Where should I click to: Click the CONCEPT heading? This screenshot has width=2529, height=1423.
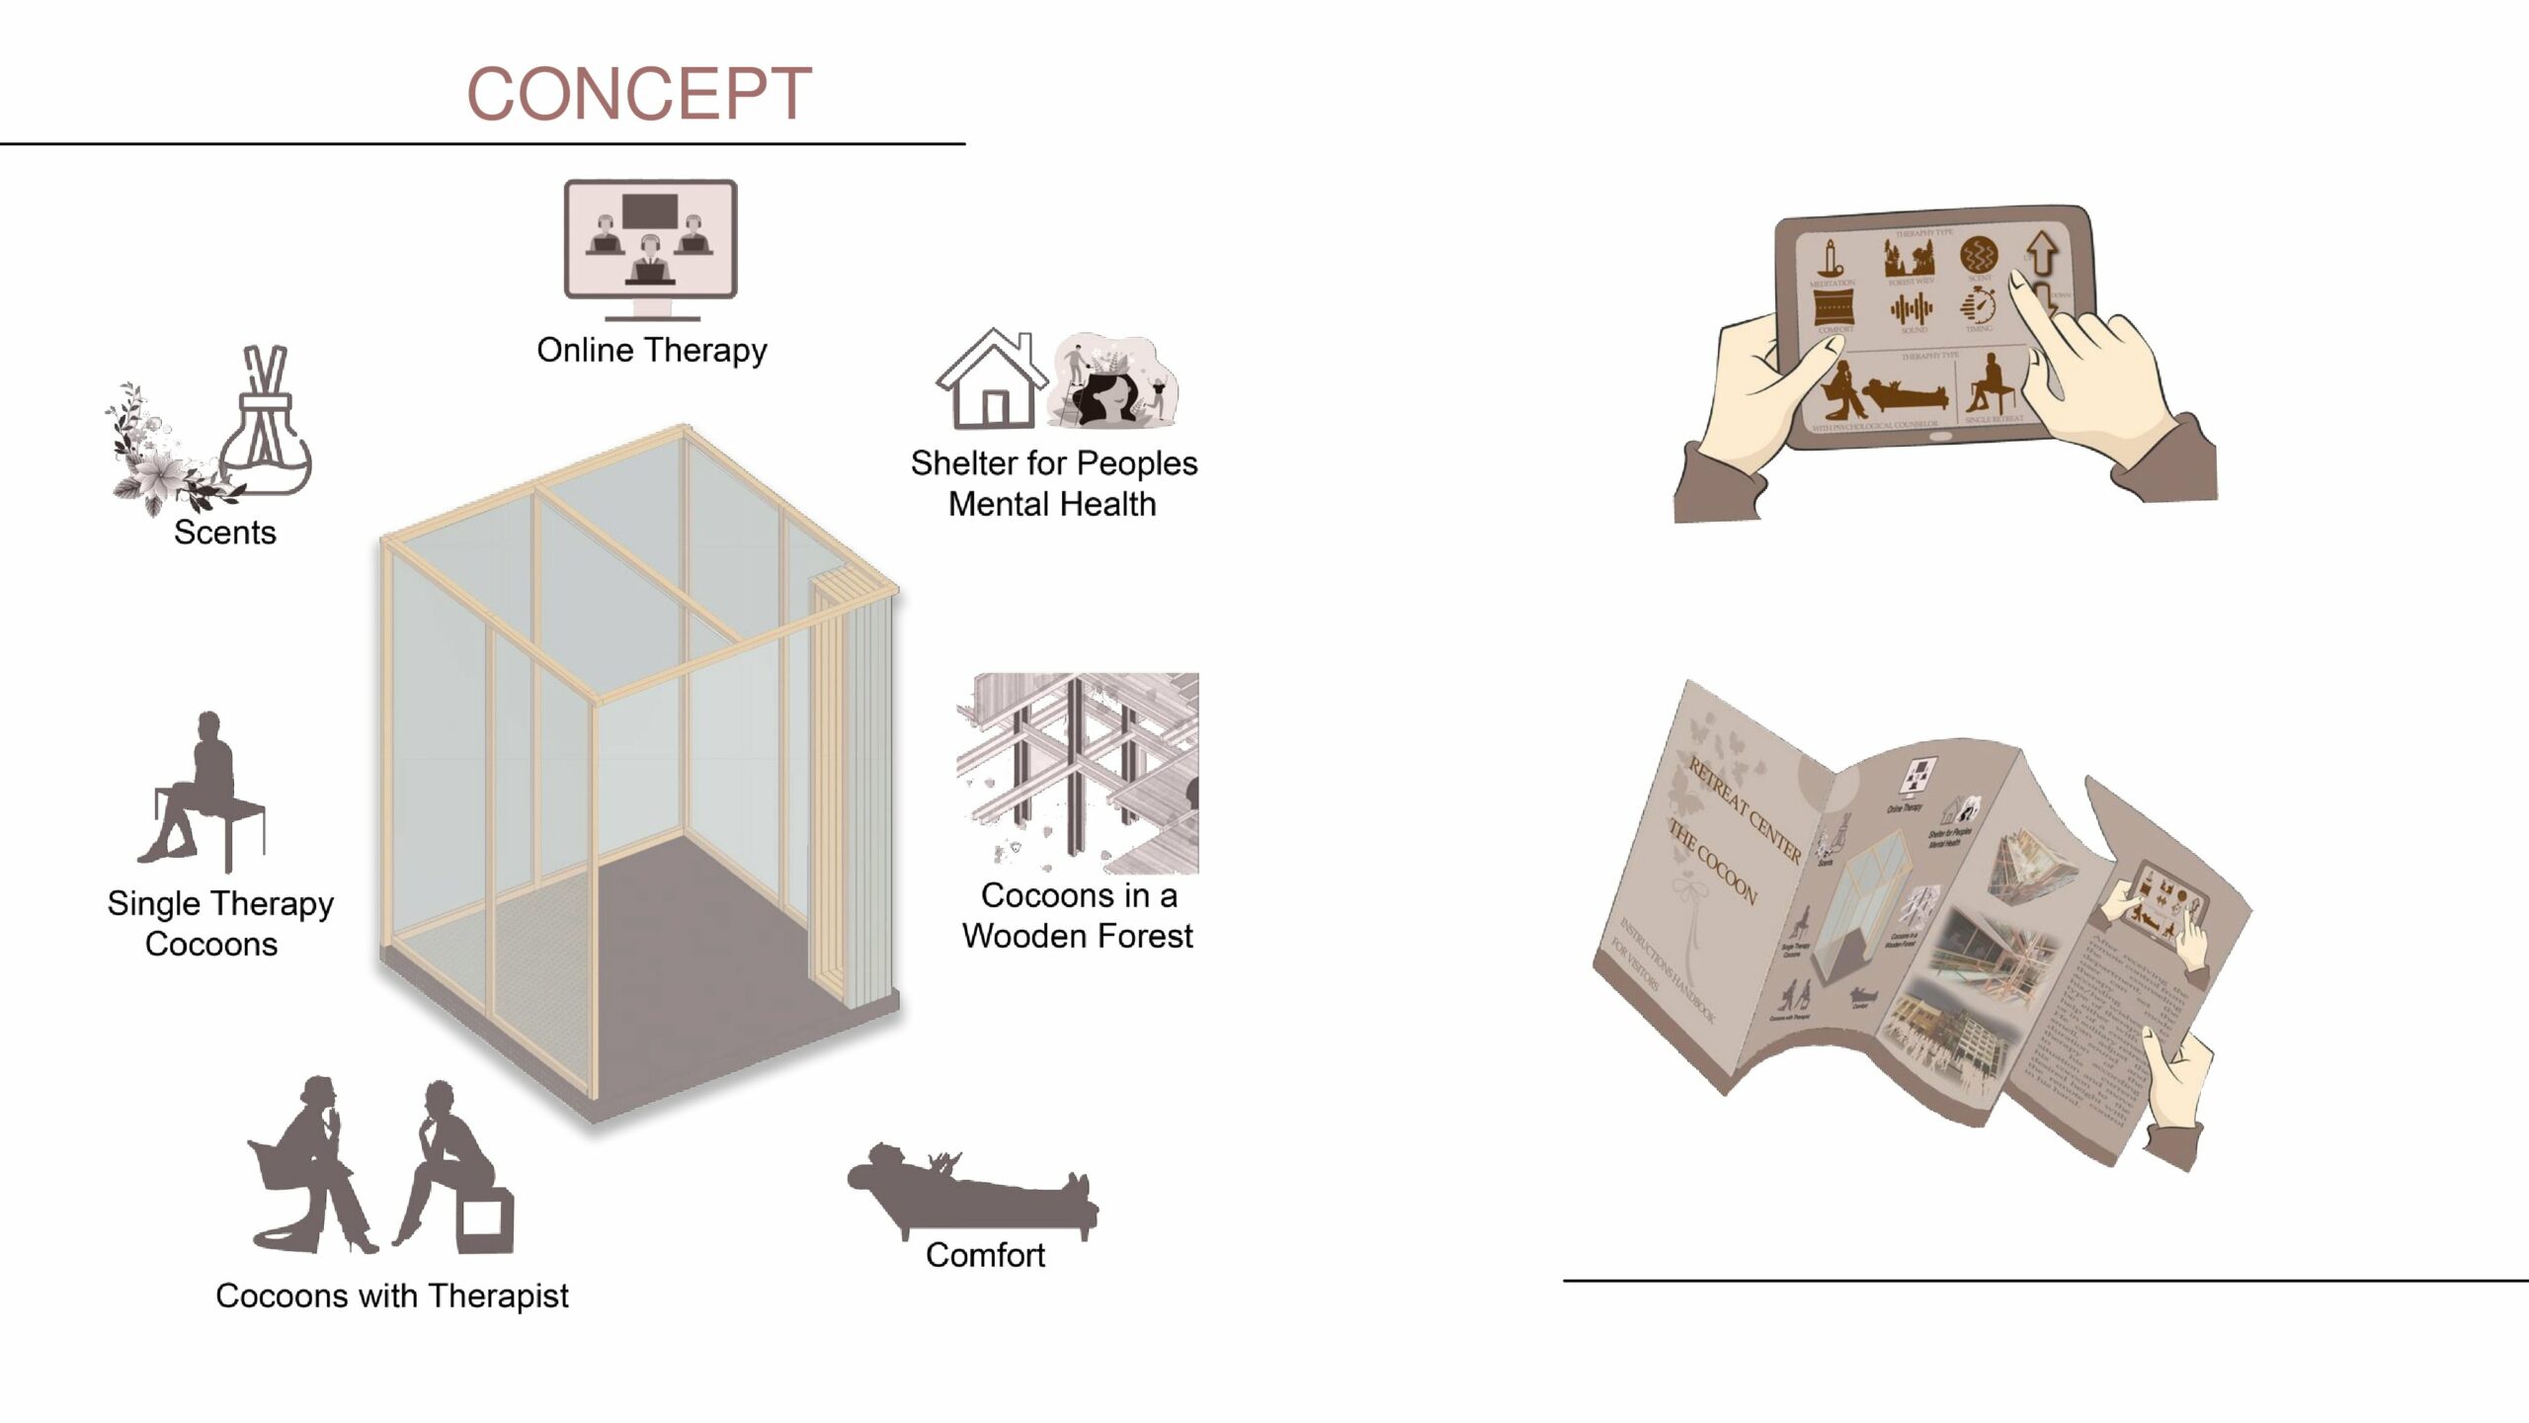tap(638, 95)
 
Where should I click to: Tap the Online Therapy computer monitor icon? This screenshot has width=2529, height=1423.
tap(650, 240)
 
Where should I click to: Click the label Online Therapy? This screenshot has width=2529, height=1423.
tap(651, 350)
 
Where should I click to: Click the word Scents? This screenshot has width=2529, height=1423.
tap(225, 533)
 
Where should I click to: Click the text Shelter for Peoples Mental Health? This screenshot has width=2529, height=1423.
tap(1053, 483)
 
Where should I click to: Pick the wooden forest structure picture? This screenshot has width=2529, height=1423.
tap(1077, 773)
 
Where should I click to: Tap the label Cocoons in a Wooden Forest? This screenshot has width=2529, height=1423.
tap(1077, 915)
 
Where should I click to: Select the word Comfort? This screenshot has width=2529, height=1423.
tap(985, 1255)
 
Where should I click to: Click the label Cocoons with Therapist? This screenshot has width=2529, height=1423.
tap(392, 1296)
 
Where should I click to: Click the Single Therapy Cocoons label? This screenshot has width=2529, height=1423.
tap(219, 923)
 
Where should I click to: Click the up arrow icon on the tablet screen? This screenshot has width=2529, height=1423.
tap(2041, 253)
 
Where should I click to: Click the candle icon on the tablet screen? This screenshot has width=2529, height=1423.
tap(1834, 259)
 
